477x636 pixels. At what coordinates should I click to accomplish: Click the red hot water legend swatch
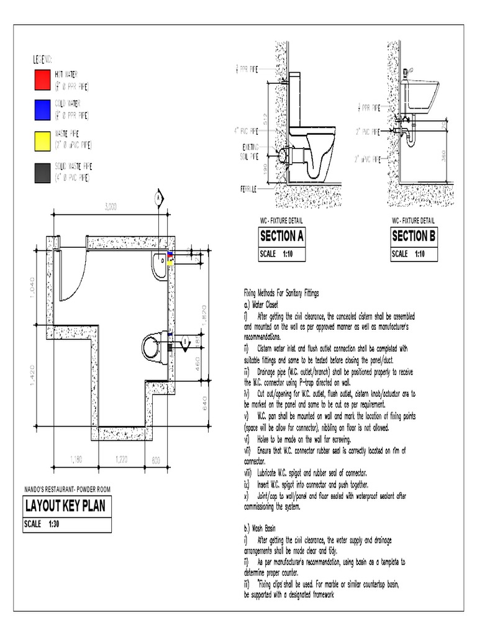click(42, 79)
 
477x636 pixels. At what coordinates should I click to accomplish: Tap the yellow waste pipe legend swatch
click(42, 141)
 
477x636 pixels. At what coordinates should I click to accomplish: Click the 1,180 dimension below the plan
click(75, 460)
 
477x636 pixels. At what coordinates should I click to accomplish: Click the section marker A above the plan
click(158, 197)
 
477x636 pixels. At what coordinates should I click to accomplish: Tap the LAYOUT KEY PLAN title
click(65, 506)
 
